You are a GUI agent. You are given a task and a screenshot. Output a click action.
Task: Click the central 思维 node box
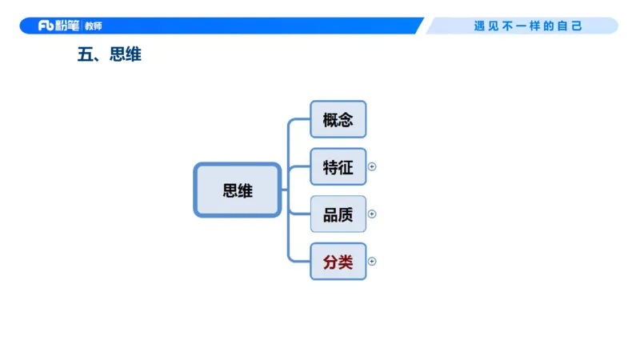238,190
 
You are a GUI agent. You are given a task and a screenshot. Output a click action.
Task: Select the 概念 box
338,120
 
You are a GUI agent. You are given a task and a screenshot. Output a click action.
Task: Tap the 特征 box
338,167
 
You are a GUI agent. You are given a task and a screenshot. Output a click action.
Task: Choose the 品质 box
338,214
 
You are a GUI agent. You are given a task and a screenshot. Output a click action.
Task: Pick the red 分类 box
338,262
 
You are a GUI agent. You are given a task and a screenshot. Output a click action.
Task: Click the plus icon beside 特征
372,167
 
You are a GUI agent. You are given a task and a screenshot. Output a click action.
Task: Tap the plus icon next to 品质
372,214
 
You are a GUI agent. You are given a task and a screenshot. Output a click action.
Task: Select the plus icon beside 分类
372,262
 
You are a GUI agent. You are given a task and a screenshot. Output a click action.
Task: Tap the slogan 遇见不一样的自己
528,26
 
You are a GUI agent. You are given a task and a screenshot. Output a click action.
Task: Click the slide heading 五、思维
109,55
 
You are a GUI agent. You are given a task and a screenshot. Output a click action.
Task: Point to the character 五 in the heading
85,55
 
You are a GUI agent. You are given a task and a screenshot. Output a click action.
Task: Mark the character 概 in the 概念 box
330,120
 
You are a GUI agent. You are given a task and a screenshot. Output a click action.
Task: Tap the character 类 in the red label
346,262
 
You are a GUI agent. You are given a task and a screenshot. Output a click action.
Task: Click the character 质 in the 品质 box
346,214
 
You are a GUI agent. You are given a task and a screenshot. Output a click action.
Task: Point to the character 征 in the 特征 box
346,167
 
